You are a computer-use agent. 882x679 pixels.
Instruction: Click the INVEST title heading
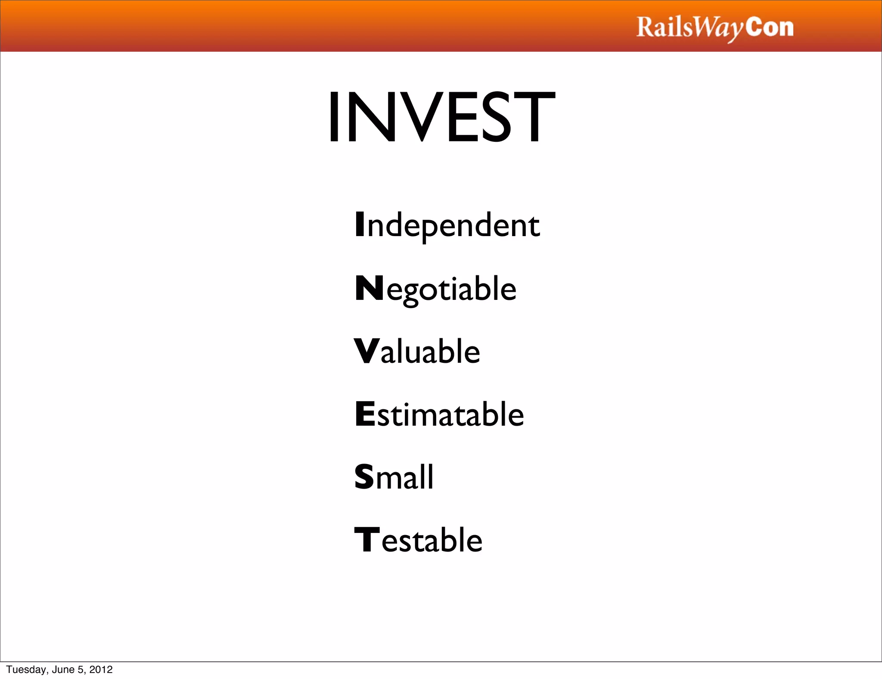pyautogui.click(x=441, y=117)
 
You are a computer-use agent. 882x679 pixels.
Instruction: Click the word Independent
pyautogui.click(x=447, y=225)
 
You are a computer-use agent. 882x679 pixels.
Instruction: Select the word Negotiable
pyautogui.click(x=435, y=289)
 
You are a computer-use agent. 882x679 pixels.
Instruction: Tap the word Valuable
pyautogui.click(x=417, y=351)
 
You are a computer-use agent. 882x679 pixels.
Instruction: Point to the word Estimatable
pyautogui.click(x=439, y=414)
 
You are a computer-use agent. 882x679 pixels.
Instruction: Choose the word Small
pyautogui.click(x=394, y=477)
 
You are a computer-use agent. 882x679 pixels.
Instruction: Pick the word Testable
pyautogui.click(x=418, y=540)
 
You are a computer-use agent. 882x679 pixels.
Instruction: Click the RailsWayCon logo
pyautogui.click(x=714, y=28)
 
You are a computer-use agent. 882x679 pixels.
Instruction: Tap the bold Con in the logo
pyautogui.click(x=769, y=27)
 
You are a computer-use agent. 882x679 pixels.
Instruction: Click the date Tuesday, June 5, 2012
pyautogui.click(x=59, y=670)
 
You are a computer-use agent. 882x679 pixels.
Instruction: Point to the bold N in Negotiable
pyautogui.click(x=369, y=288)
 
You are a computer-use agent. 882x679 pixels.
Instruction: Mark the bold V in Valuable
pyautogui.click(x=366, y=351)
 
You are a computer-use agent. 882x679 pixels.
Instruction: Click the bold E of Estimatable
pyautogui.click(x=365, y=414)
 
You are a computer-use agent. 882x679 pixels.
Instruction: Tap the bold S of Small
pyautogui.click(x=364, y=477)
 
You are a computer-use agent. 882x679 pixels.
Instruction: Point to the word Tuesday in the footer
pyautogui.click(x=25, y=670)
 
